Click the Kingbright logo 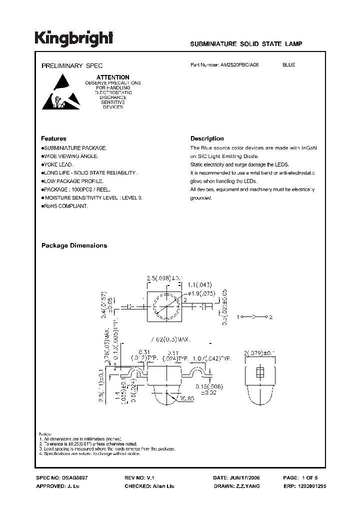[x=74, y=38]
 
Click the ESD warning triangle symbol [x=60, y=92]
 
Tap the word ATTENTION [x=112, y=77]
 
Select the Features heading [x=53, y=138]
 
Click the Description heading [x=207, y=138]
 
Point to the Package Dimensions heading [x=74, y=245]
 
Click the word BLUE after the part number [x=288, y=65]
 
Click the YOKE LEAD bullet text [x=58, y=164]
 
